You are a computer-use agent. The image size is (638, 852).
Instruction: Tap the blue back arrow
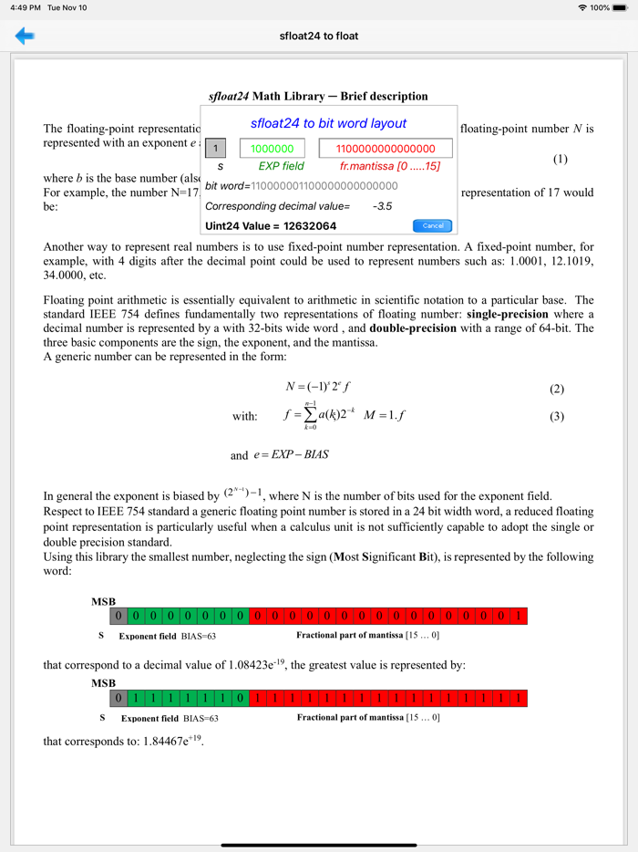[x=25, y=36]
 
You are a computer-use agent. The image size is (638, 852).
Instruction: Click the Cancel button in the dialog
[x=433, y=225]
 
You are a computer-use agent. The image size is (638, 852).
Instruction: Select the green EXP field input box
[x=272, y=149]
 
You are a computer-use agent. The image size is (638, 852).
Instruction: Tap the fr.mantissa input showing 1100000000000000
[x=386, y=149]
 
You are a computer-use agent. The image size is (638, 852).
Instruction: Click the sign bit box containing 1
[x=215, y=149]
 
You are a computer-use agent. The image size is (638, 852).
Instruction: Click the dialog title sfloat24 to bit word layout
[x=328, y=123]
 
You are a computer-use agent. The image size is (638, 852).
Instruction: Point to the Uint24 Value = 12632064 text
[x=271, y=225]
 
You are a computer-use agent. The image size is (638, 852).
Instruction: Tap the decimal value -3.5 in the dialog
[x=382, y=206]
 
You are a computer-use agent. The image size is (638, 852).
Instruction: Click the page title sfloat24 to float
[x=319, y=36]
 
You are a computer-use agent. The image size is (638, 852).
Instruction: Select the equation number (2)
[x=557, y=389]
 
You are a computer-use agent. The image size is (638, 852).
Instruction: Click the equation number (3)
[x=557, y=417]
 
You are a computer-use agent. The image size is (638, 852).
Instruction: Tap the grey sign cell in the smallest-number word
[x=118, y=616]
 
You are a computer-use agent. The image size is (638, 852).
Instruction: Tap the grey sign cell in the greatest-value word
[x=118, y=698]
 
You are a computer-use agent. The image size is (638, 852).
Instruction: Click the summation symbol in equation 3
[x=310, y=416]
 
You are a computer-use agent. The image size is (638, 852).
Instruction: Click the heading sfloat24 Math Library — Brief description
[x=318, y=96]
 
